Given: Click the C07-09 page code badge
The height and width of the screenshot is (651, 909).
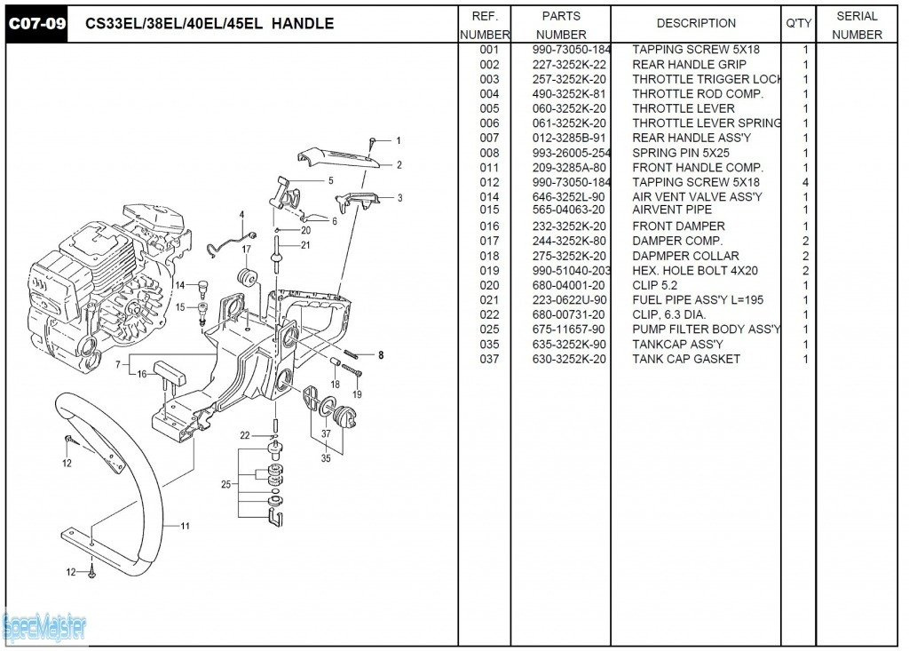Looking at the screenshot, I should pyautogui.click(x=37, y=24).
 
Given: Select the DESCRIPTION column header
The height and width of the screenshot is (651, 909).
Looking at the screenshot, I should pyautogui.click(x=696, y=24).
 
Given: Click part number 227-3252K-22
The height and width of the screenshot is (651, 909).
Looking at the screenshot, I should pyautogui.click(x=569, y=65).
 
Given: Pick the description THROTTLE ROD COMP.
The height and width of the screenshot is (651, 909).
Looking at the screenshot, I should pyautogui.click(x=697, y=94).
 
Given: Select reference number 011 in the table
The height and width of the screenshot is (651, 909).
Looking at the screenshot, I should pyautogui.click(x=489, y=168).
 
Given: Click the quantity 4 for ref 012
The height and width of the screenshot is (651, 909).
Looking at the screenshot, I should pyautogui.click(x=805, y=182).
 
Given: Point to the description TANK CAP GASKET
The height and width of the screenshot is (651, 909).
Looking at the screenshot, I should pyautogui.click(x=685, y=359).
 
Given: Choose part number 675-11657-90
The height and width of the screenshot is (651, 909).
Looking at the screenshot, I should pyautogui.click(x=569, y=329).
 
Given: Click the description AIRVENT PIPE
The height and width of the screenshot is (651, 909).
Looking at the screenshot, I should pyautogui.click(x=672, y=210).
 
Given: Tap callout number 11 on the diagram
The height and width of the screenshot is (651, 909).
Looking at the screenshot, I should pyautogui.click(x=186, y=526).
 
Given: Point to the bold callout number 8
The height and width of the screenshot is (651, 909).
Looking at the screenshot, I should pyautogui.click(x=381, y=355).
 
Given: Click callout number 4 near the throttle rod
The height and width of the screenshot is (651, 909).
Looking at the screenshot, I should pyautogui.click(x=241, y=215).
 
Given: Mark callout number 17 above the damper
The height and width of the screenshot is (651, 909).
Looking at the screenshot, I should pyautogui.click(x=247, y=250).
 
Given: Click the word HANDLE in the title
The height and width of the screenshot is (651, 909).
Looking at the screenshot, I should pyautogui.click(x=303, y=24).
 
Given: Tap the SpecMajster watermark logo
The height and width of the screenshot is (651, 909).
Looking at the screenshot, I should pyautogui.click(x=44, y=628).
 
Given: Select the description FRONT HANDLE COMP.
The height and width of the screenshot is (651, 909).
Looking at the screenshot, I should pyautogui.click(x=698, y=168).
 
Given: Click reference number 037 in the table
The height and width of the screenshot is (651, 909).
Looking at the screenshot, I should pyautogui.click(x=489, y=359).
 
